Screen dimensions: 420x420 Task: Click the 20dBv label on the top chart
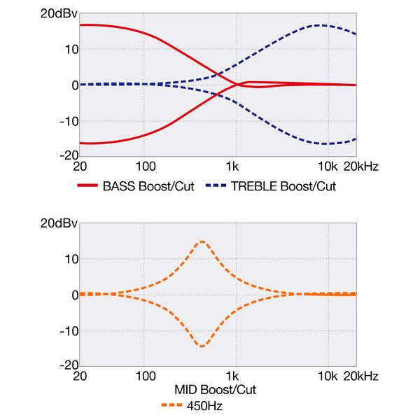coord(58,13)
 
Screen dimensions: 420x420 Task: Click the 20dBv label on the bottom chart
coord(58,223)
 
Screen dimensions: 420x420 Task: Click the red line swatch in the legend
coord(86,186)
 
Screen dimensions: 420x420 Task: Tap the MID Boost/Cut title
coord(218,389)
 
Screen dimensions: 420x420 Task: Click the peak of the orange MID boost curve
coord(202,241)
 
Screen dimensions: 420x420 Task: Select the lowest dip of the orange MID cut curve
coord(202,346)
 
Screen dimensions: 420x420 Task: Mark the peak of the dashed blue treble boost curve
coord(320,25)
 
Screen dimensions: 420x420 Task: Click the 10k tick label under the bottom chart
coord(327,376)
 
